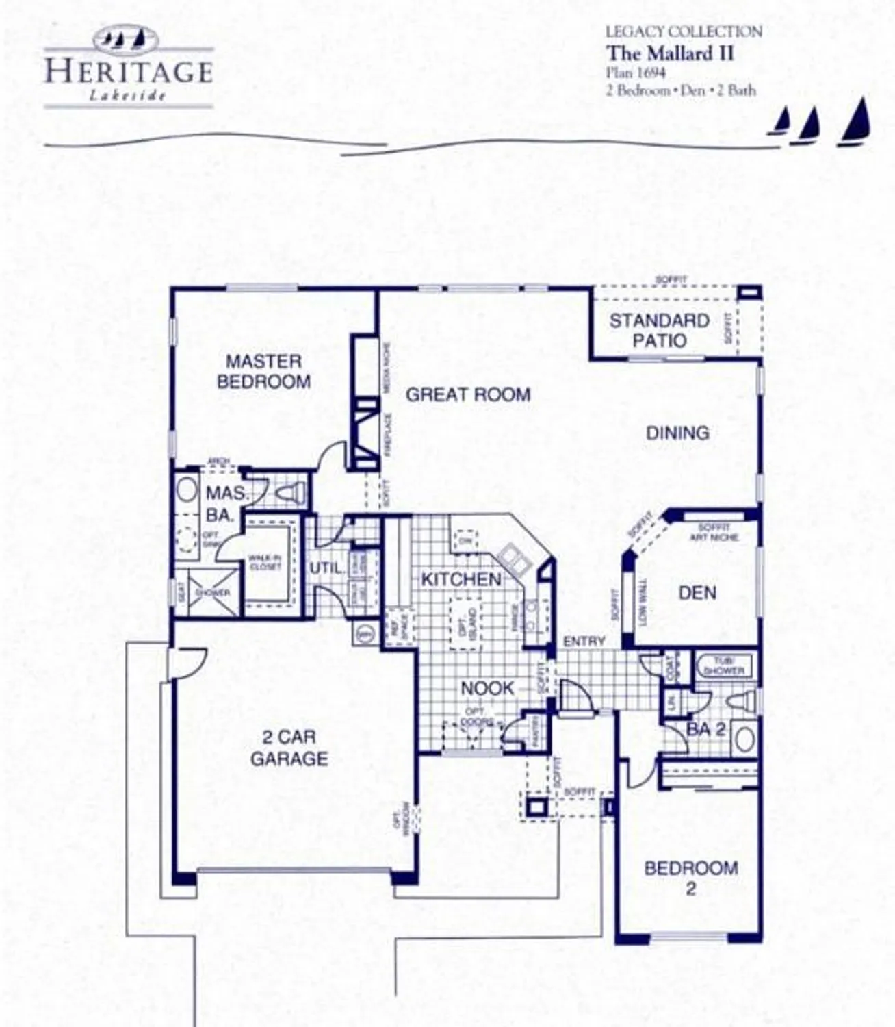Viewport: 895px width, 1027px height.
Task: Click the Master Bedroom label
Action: pyautogui.click(x=263, y=371)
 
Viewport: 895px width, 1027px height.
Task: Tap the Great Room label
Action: pyautogui.click(x=468, y=394)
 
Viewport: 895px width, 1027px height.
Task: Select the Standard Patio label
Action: pyautogui.click(x=659, y=330)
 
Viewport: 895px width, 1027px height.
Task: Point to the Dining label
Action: pyautogui.click(x=677, y=433)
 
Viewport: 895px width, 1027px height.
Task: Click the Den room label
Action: pyautogui.click(x=697, y=592)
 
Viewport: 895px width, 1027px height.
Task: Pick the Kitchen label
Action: pyautogui.click(x=461, y=579)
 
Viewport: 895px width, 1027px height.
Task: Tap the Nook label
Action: pyautogui.click(x=487, y=688)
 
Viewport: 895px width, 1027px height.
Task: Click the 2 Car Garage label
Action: pyautogui.click(x=289, y=748)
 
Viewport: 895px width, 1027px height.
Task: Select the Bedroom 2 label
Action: pyautogui.click(x=690, y=878)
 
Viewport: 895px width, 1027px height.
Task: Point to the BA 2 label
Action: pyautogui.click(x=705, y=729)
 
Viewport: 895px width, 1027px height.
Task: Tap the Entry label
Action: pyautogui.click(x=584, y=642)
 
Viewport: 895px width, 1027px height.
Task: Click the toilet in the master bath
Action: pyautogui.click(x=291, y=492)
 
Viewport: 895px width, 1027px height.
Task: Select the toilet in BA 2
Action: pyautogui.click(x=743, y=700)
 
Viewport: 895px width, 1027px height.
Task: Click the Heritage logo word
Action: pyautogui.click(x=129, y=72)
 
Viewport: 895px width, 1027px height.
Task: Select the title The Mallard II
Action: pyautogui.click(x=670, y=53)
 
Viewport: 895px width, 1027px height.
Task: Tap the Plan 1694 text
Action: pyautogui.click(x=636, y=72)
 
